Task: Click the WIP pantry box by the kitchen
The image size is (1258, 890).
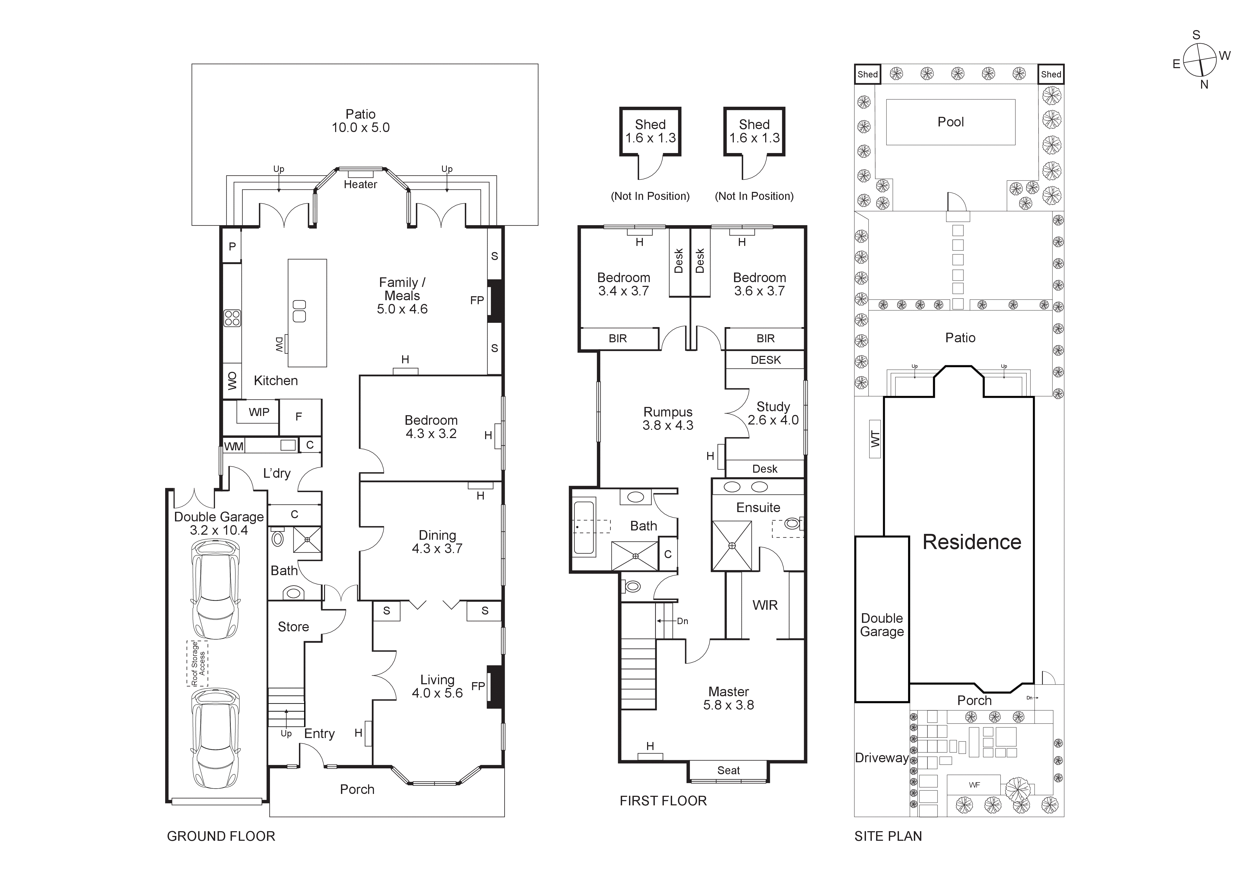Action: click(x=259, y=412)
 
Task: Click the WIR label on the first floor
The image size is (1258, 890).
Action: click(x=765, y=605)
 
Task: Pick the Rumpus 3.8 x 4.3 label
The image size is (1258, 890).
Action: click(x=668, y=418)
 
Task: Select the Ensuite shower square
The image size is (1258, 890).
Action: click(x=732, y=546)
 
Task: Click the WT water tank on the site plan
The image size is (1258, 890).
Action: click(x=875, y=439)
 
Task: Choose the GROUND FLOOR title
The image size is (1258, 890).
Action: click(x=221, y=836)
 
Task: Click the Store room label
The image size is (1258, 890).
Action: click(x=293, y=627)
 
